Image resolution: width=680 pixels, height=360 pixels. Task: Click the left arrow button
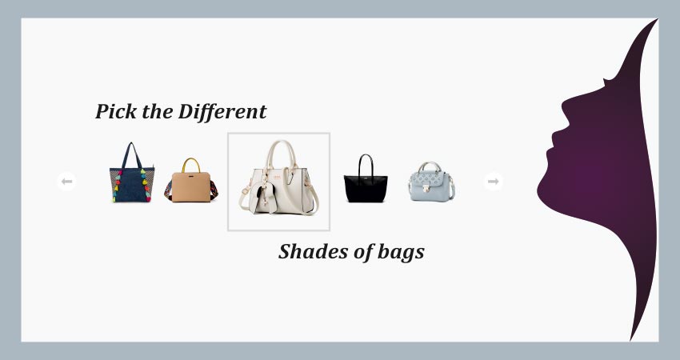(x=66, y=182)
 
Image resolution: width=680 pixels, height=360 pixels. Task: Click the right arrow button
(x=493, y=182)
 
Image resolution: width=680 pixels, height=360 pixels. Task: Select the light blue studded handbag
(x=431, y=181)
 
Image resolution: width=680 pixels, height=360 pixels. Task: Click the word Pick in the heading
(x=115, y=111)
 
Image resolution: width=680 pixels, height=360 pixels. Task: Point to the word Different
(x=222, y=111)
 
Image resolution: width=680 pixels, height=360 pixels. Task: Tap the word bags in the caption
(x=401, y=253)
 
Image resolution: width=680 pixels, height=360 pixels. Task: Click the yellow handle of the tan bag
(x=191, y=164)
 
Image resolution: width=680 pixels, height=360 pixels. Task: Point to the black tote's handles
(x=366, y=164)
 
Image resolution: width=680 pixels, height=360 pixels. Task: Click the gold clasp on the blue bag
(x=426, y=189)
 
